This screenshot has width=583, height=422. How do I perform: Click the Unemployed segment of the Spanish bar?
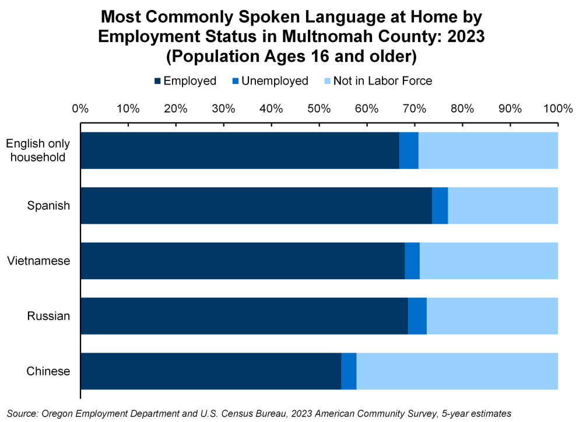(440, 206)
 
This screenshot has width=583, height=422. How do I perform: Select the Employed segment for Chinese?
(210, 371)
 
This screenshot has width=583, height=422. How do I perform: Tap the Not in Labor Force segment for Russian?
(492, 316)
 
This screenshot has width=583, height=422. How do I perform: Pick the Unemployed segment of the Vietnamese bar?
(412, 261)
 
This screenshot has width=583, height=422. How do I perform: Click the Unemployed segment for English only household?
(409, 150)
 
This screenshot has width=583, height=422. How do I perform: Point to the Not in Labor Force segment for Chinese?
(457, 371)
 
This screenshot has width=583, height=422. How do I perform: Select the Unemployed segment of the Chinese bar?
(349, 371)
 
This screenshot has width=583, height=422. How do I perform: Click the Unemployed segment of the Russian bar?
(417, 316)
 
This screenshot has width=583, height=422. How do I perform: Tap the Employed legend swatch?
(157, 81)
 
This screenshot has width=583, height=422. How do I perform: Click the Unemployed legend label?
(275, 81)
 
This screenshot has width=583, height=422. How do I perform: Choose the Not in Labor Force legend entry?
(382, 81)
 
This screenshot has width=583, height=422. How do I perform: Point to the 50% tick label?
(319, 108)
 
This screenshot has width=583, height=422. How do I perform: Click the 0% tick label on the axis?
(80, 108)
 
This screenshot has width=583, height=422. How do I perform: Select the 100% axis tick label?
(558, 108)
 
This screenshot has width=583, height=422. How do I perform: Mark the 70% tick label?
(415, 108)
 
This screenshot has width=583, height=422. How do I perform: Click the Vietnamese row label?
(38, 261)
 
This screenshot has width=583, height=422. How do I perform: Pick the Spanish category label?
(48, 206)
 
